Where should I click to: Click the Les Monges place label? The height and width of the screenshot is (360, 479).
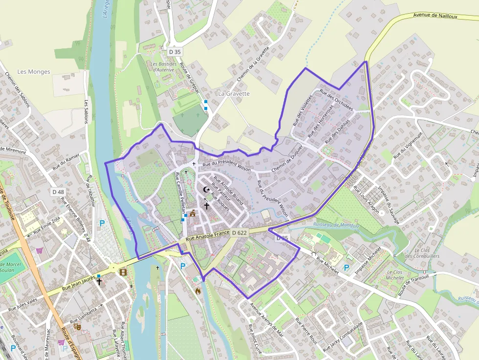pyautogui.click(x=34, y=72)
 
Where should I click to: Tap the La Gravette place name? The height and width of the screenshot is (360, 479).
pyautogui.click(x=234, y=93)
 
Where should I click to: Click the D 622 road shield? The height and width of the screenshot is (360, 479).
pyautogui.click(x=239, y=233)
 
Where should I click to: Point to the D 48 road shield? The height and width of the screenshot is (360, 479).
pyautogui.click(x=58, y=192)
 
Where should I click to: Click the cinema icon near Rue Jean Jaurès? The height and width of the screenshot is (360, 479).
pyautogui.click(x=123, y=272)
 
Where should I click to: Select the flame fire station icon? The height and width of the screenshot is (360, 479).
pyautogui.click(x=198, y=291)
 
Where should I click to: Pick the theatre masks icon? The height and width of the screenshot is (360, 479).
pyautogui.click(x=77, y=326)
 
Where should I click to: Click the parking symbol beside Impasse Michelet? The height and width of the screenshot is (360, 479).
pyautogui.click(x=347, y=268)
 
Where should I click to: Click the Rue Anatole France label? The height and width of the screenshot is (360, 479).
pyautogui.click(x=208, y=237)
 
